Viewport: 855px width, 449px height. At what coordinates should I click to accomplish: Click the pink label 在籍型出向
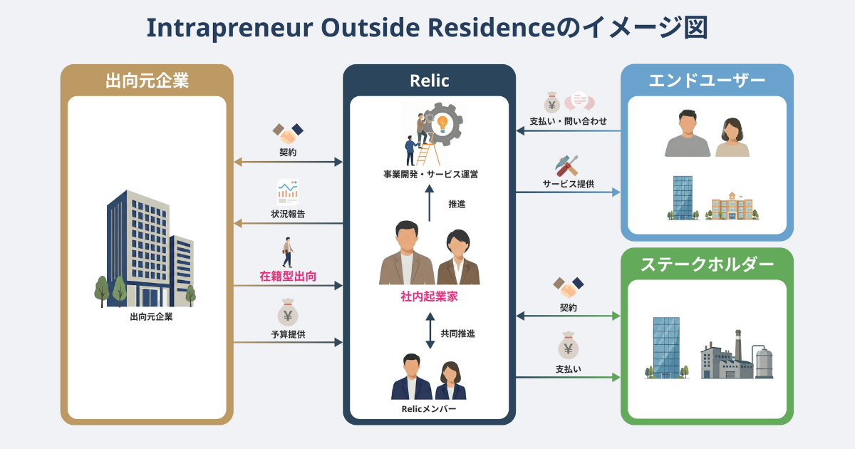click(x=288, y=276)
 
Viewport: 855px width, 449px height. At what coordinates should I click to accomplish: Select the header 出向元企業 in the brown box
click(x=147, y=81)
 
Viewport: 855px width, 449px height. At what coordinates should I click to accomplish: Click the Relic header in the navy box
click(x=430, y=81)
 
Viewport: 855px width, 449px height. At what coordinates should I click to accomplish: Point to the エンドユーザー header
click(x=707, y=81)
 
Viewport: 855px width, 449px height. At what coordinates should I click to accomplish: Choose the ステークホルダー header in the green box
click(x=707, y=264)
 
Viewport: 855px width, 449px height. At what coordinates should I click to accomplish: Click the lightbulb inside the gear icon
click(x=442, y=123)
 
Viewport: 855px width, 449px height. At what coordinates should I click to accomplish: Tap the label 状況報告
click(x=288, y=214)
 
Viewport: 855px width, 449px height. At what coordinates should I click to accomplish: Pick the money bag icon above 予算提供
click(x=288, y=314)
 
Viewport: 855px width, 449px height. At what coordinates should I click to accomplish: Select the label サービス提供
click(x=568, y=184)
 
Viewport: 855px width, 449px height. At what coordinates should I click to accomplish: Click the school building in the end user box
click(x=732, y=207)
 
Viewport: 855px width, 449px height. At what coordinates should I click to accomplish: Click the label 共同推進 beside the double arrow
click(x=457, y=333)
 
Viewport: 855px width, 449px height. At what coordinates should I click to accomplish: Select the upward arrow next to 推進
click(x=430, y=204)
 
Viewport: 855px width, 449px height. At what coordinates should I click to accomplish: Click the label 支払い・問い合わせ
click(x=568, y=122)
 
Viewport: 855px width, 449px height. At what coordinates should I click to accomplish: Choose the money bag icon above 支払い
click(x=568, y=348)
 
